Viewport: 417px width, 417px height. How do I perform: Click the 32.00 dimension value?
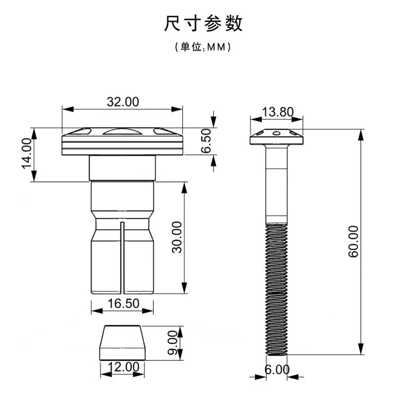pyautogui.click(x=123, y=102)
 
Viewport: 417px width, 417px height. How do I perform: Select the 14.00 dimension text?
pyautogui.click(x=27, y=153)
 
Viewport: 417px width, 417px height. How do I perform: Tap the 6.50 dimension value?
pyautogui.click(x=206, y=141)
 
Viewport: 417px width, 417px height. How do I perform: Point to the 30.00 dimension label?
pyautogui.click(x=177, y=237)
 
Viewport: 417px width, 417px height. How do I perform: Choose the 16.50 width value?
pyautogui.click(x=124, y=303)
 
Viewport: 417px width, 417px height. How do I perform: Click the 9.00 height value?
pyautogui.click(x=173, y=342)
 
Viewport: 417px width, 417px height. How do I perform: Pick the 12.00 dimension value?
pyautogui.click(x=124, y=367)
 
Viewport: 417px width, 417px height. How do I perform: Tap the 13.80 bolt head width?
pyautogui.click(x=278, y=112)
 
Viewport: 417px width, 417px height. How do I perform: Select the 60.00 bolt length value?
pyautogui.click(x=353, y=241)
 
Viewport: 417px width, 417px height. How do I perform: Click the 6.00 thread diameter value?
pyautogui.click(x=277, y=370)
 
